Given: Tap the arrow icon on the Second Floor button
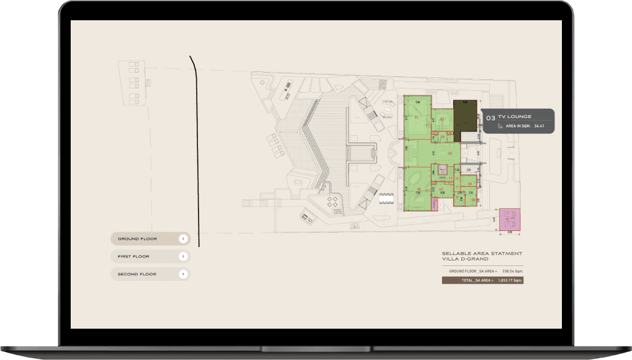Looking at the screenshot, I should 183,275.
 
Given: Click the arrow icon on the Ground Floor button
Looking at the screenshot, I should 183,239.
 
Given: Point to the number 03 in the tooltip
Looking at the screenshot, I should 491,117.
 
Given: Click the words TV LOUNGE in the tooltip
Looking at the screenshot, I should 515,116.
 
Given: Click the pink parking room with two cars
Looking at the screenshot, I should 510,218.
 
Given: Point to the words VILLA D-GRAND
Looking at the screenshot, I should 465,259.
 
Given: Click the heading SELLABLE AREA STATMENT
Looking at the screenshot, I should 482,253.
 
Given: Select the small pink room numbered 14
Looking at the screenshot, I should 435,205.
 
